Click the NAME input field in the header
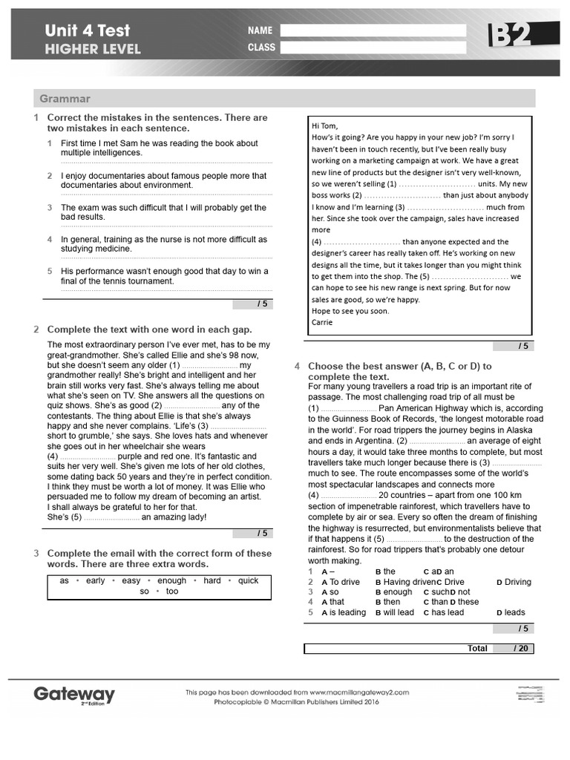373,30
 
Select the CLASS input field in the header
373,47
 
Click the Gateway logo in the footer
74,695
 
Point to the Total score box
419,648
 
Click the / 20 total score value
520,648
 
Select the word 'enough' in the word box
172,580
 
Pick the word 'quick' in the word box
248,580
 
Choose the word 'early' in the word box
95,580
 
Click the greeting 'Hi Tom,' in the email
324,125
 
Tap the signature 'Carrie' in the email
323,322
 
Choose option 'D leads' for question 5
511,612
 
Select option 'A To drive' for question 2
341,582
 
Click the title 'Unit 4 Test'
87,30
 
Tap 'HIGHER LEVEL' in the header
92,50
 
